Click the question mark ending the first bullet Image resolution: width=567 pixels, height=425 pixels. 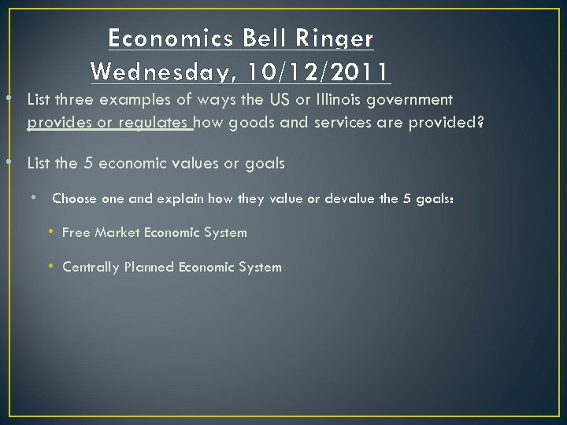click(x=480, y=123)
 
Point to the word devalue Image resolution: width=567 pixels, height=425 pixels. click(x=346, y=198)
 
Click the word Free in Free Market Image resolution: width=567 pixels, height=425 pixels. click(x=76, y=232)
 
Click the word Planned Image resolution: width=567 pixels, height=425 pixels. click(x=149, y=267)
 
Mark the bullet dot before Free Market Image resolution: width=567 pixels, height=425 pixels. click(x=50, y=232)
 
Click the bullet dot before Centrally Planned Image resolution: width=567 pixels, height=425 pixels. click(x=50, y=267)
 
